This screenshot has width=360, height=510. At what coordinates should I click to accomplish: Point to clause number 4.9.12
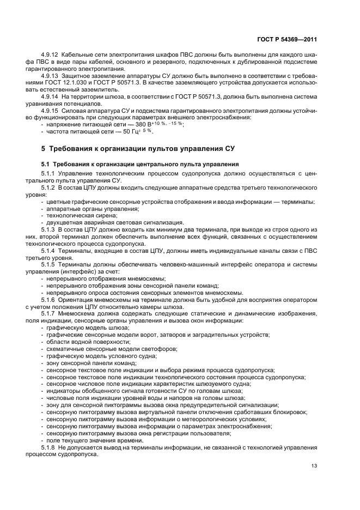pos(51,56)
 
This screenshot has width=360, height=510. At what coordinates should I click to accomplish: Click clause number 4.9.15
pos(51,111)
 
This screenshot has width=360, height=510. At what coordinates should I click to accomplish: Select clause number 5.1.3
pos(50,231)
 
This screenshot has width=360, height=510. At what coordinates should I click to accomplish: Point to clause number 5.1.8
pos(50,447)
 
